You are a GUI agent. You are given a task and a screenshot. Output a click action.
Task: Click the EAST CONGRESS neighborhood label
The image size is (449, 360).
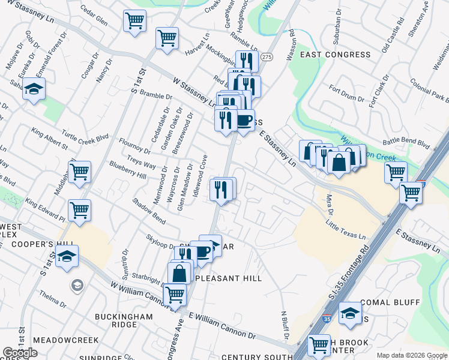pyautogui.click(x=336, y=55)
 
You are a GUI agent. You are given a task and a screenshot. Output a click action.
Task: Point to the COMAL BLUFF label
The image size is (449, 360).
pyautogui.click(x=390, y=302)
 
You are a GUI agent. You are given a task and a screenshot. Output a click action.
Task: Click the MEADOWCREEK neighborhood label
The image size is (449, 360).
pyautogui.click(x=65, y=340)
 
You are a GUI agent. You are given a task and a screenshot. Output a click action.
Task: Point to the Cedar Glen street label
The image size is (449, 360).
pyautogui.click(x=94, y=20)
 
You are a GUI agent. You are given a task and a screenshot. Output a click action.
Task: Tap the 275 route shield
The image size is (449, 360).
pyautogui.click(x=267, y=56)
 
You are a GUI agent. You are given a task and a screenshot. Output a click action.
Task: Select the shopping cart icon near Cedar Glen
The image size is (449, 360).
pyautogui.click(x=135, y=22)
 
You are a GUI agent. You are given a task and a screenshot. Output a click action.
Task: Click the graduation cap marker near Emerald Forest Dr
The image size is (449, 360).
pyautogui.click(x=34, y=91)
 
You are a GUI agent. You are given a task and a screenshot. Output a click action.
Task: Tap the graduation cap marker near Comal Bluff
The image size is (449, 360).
pyautogui.click(x=350, y=313)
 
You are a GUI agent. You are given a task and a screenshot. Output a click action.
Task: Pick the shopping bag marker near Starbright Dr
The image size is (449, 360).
pyautogui.click(x=179, y=273)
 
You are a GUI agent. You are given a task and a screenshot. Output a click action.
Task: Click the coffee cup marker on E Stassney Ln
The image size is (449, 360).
pyautogui.click(x=243, y=120)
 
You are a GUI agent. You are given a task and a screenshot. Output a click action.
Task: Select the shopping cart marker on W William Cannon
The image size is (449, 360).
pyautogui.click(x=175, y=295)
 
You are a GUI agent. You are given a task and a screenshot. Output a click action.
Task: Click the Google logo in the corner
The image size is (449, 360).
pyautogui.click(x=20, y=353)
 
